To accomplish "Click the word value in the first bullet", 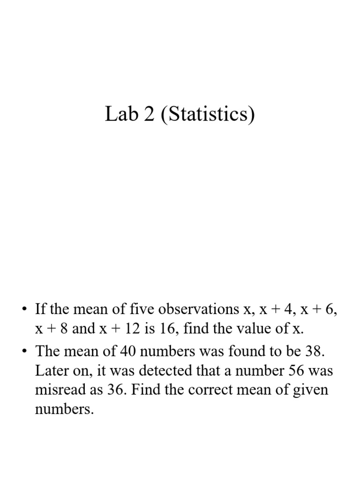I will [256, 330].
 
